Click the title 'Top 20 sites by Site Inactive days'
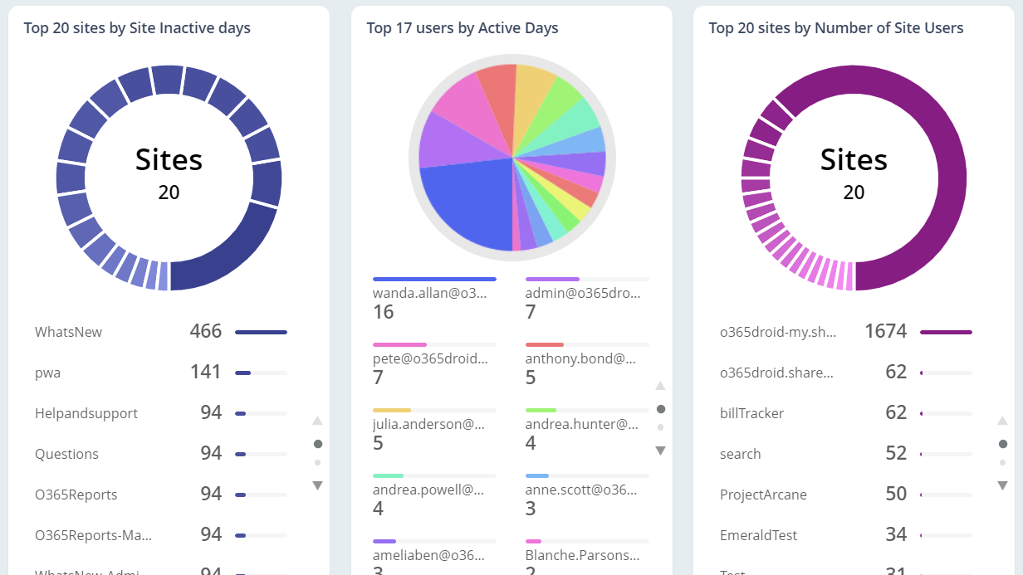click(x=137, y=28)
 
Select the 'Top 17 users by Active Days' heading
click(x=463, y=28)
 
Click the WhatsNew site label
click(x=68, y=332)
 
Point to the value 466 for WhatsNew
click(x=205, y=331)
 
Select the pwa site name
click(x=47, y=373)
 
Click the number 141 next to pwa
click(x=205, y=372)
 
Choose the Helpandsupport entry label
click(x=86, y=413)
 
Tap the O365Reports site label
click(x=76, y=495)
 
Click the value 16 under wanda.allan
click(x=383, y=312)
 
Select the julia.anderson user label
click(x=428, y=424)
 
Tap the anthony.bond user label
click(x=580, y=358)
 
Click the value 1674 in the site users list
click(x=885, y=331)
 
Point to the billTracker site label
click(x=751, y=413)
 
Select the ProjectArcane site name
click(x=763, y=495)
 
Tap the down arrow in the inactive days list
click(x=317, y=485)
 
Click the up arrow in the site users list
click(x=1002, y=421)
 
